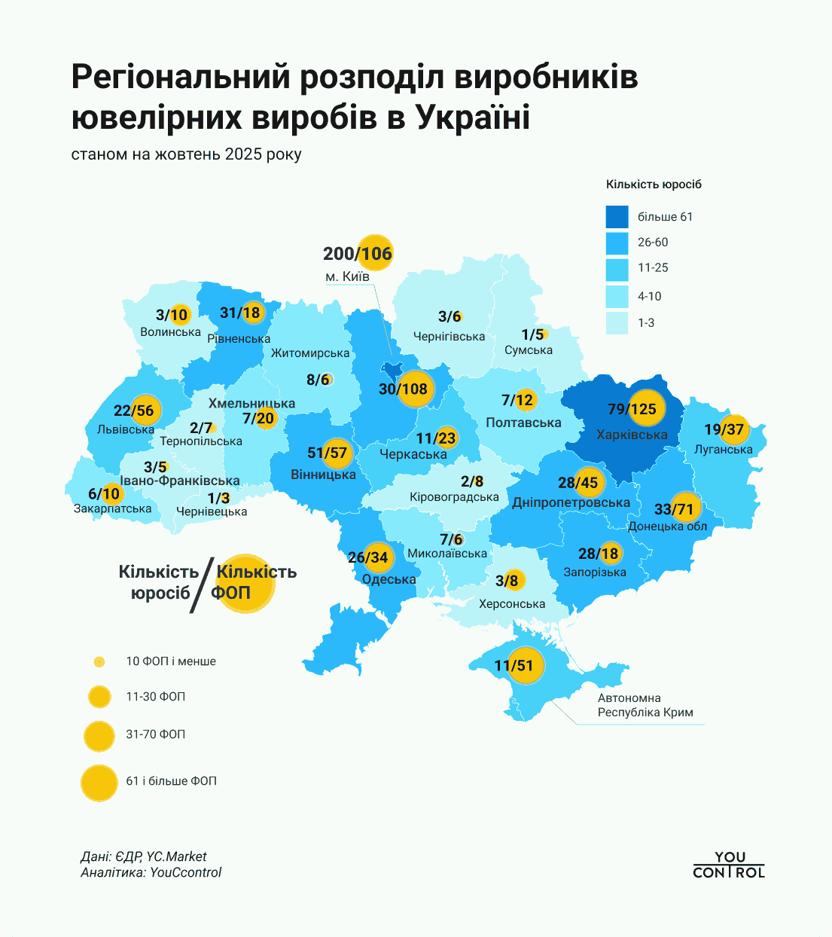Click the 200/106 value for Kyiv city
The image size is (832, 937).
pos(358,254)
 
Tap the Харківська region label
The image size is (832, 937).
pos(632,435)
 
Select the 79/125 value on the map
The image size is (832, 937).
pos(632,409)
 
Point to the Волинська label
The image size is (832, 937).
pos(170,332)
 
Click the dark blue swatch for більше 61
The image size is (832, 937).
pos(617,217)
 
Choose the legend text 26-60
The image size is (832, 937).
pos(653,243)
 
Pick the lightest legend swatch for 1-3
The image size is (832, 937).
pos(617,322)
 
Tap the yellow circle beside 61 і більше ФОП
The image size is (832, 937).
pos(99,782)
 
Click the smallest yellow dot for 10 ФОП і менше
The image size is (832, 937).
pos(99,662)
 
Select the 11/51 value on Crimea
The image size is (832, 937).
pos(514,666)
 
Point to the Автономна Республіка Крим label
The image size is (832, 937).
pos(645,705)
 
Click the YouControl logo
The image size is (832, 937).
pos(728,865)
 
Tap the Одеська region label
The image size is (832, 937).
pos(389,579)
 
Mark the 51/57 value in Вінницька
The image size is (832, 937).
pos(327,453)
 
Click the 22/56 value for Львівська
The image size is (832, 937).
pos(134,411)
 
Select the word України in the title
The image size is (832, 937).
pos(473,118)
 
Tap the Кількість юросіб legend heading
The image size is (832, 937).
pos(654,185)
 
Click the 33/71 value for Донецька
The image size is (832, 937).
pos(673,509)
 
